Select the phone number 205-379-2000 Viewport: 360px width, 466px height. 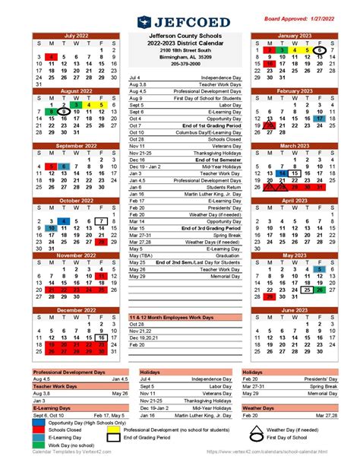tap(180, 64)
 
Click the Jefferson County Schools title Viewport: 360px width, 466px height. tap(180, 36)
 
